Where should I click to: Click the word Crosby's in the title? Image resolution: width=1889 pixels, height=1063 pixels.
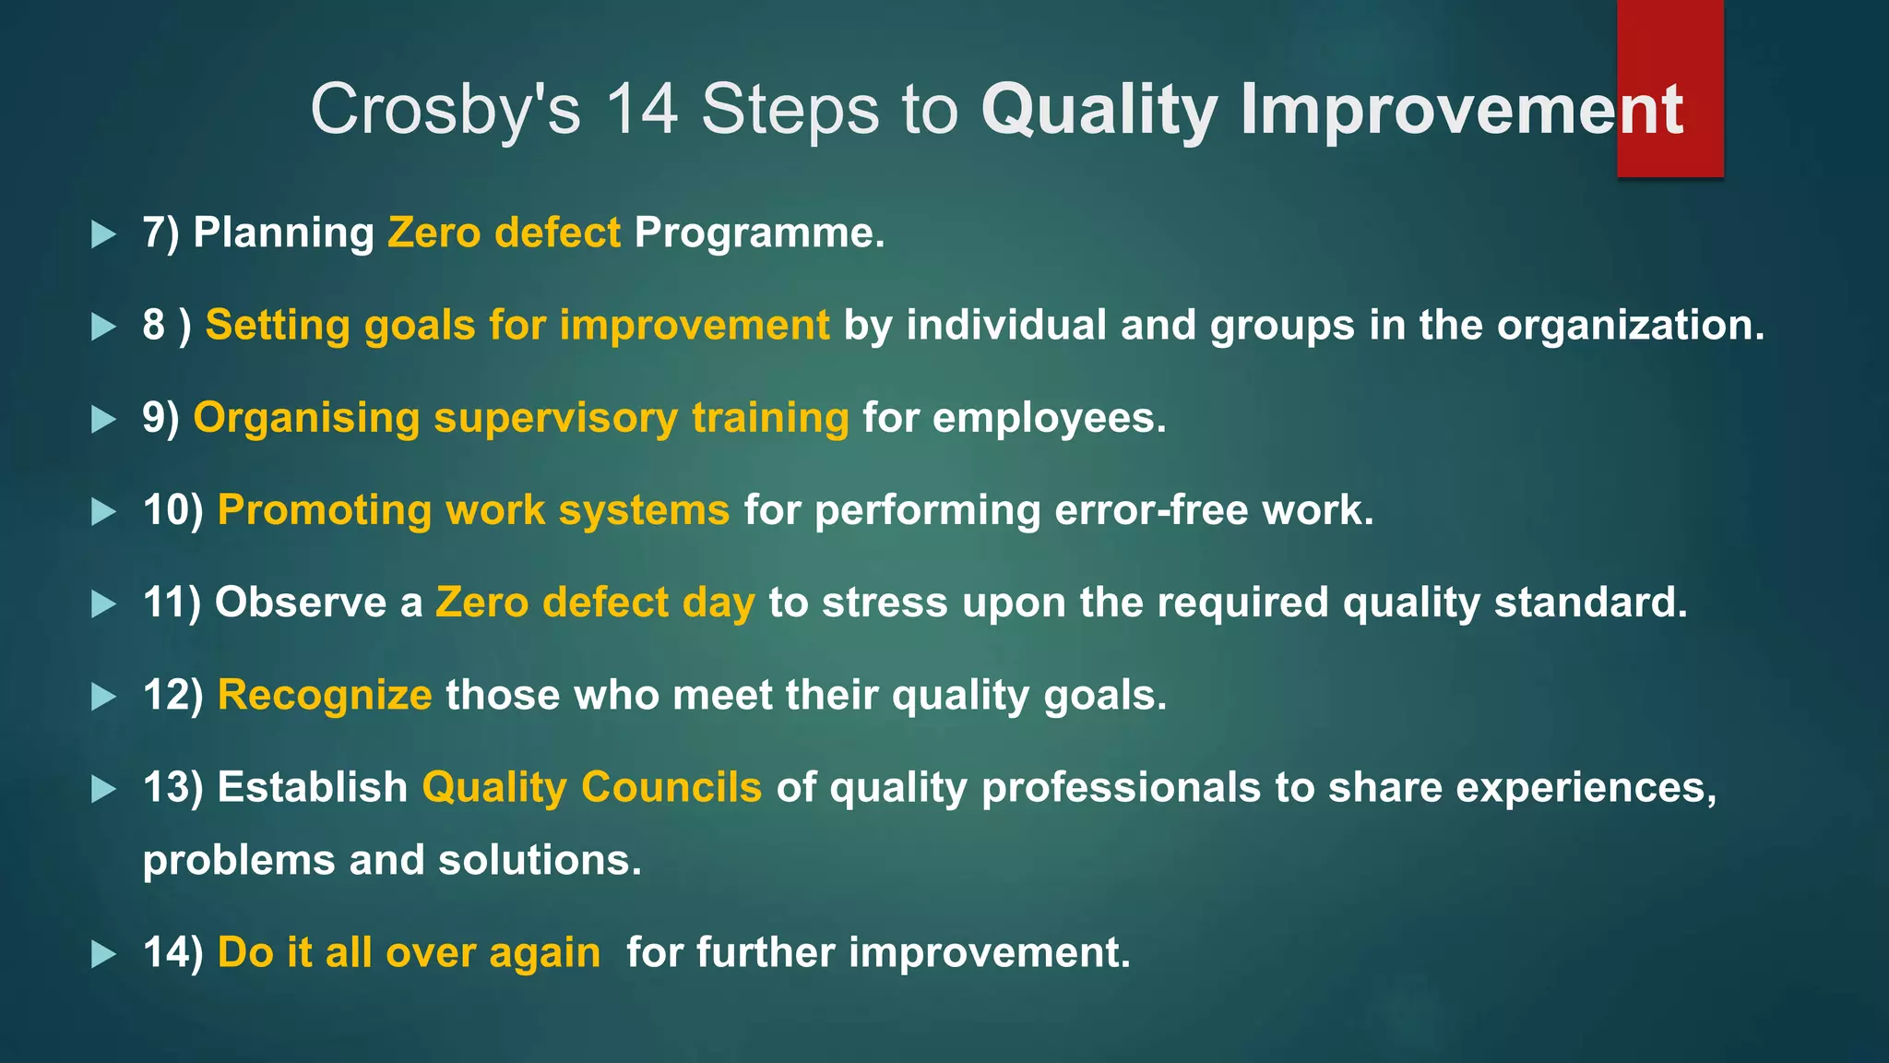446,110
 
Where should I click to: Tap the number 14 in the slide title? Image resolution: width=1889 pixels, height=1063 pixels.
642,110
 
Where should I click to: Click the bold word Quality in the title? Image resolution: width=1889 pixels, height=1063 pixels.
1100,110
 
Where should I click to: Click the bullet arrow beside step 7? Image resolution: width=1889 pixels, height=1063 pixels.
104,234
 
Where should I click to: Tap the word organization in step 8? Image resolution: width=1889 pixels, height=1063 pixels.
1629,326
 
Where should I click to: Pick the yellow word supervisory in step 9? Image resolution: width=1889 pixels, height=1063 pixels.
556,418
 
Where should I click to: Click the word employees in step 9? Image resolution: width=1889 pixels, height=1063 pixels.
1049,418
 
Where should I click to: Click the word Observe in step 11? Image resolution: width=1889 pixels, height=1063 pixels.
301,603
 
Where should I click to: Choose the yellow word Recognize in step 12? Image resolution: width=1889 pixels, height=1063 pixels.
325,695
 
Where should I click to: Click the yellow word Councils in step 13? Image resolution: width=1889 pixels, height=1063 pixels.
671,787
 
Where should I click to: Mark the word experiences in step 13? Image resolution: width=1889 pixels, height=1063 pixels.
1586,787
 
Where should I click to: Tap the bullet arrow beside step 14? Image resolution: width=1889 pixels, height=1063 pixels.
104,954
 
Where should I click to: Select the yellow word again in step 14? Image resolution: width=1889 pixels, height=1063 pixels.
545,953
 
